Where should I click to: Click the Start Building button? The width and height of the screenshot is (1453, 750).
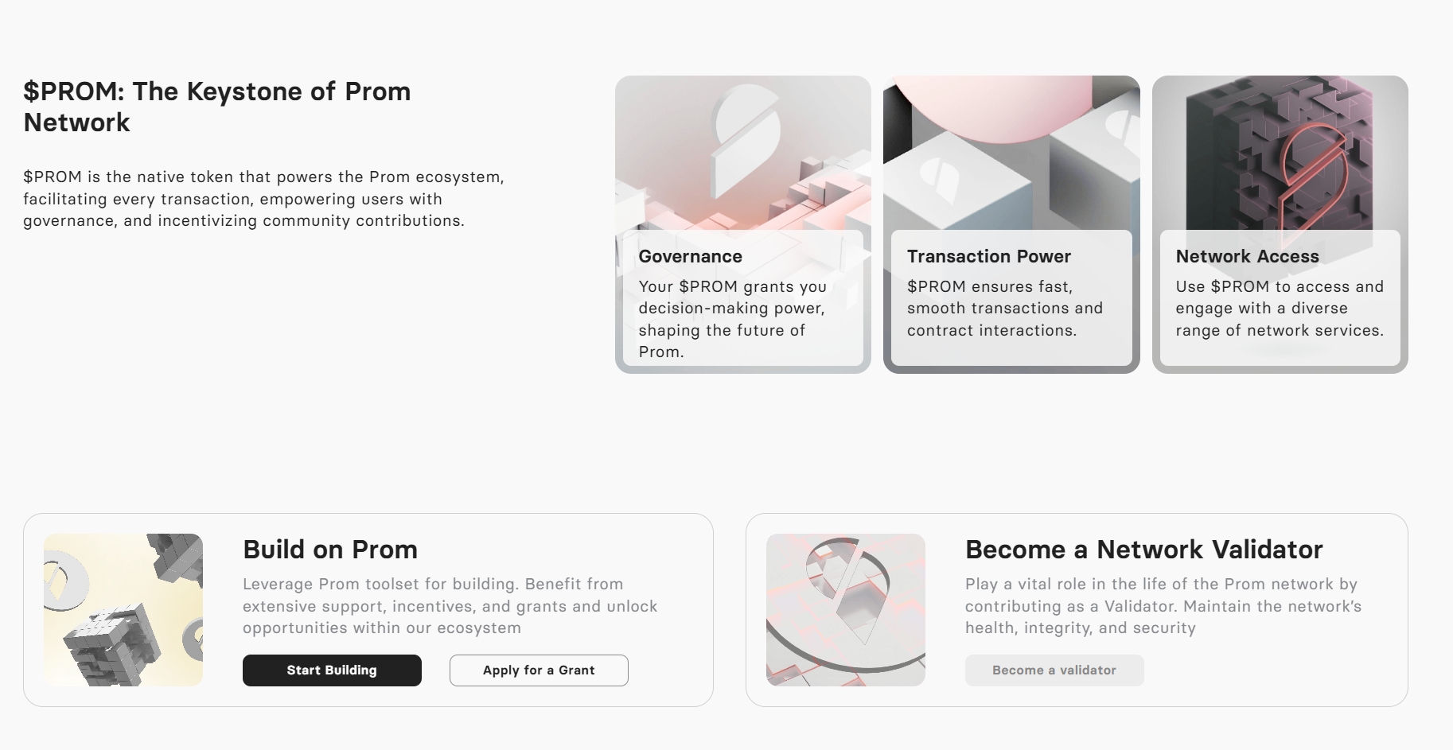(x=332, y=670)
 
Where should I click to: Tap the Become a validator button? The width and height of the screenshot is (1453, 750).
(x=1054, y=670)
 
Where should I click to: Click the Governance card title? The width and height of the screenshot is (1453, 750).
(x=690, y=256)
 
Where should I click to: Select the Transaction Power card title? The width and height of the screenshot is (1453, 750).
(x=988, y=256)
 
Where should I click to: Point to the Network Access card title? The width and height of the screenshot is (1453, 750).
(x=1247, y=256)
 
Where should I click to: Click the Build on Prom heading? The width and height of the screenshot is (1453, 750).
(x=330, y=550)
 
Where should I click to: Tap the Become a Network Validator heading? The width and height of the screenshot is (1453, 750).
(x=1143, y=550)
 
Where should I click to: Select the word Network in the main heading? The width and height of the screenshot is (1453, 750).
(x=76, y=122)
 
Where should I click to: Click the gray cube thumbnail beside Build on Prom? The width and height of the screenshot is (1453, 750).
(x=123, y=610)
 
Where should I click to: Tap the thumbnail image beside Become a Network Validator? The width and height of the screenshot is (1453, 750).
(x=845, y=610)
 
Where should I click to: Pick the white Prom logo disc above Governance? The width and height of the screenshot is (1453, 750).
(x=746, y=135)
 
